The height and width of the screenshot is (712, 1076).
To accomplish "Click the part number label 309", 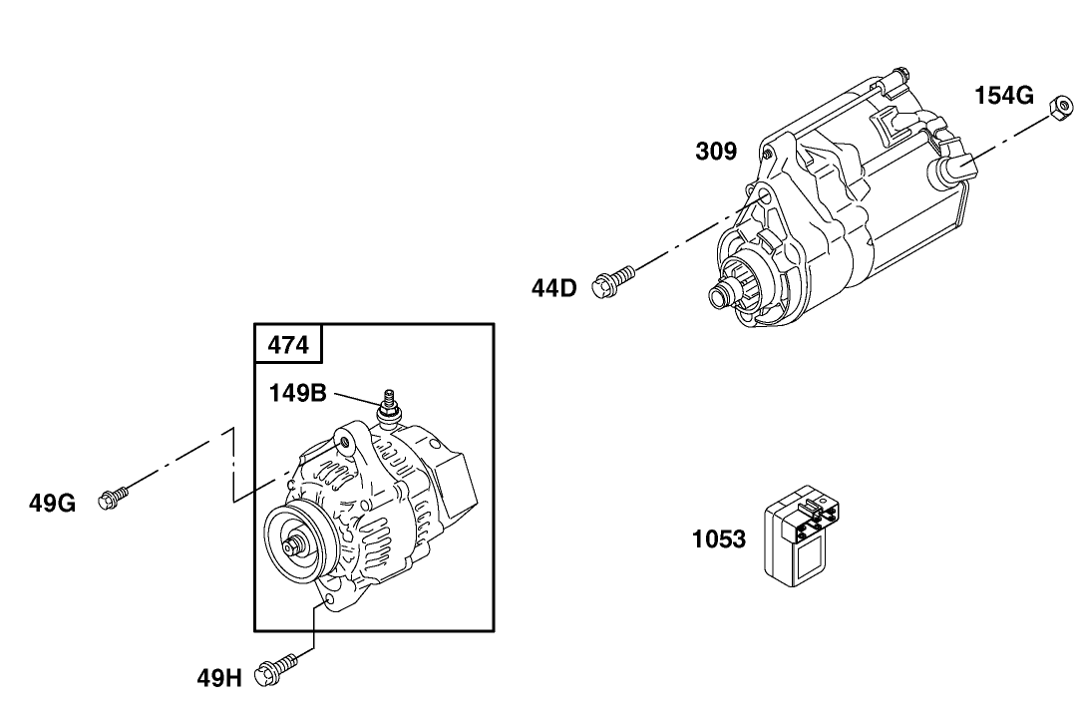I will click(716, 152).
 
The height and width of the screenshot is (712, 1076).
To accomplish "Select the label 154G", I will click(1003, 96).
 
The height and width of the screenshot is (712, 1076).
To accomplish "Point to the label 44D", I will click(553, 289).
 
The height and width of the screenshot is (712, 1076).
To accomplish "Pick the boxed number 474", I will click(289, 345).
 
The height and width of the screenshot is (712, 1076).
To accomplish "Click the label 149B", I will click(297, 393).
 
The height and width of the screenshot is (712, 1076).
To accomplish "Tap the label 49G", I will click(52, 503).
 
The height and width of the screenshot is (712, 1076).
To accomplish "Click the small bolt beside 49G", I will click(113, 497).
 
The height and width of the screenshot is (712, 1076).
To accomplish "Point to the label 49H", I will click(219, 679).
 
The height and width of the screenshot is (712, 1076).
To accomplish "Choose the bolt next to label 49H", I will click(277, 669).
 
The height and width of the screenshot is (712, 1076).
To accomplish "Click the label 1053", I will click(719, 539).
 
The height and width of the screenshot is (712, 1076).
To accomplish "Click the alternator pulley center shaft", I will click(293, 545).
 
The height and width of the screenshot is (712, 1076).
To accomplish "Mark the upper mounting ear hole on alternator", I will click(344, 441).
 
